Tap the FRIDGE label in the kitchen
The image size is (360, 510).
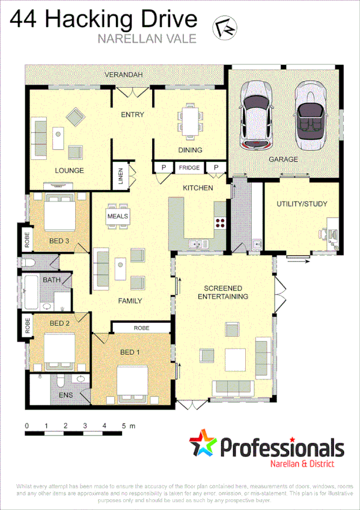click(188, 168)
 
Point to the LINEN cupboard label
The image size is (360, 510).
click(120, 176)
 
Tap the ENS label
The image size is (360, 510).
click(66, 395)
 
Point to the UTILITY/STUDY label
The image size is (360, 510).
click(302, 204)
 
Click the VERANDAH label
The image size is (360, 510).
click(123, 75)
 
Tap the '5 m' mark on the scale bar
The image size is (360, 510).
click(127, 426)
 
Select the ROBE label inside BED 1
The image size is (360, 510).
click(141, 328)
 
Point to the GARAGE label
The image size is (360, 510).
click(283, 159)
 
